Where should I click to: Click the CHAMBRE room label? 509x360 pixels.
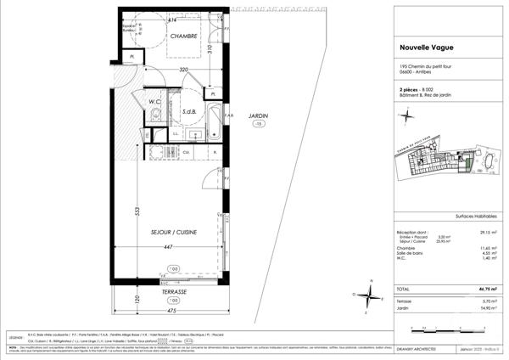[x=184, y=37]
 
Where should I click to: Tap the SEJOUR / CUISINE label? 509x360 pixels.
[x=174, y=232]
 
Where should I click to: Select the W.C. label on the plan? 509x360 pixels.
[x=155, y=103]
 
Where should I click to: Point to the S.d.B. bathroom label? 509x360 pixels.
[x=188, y=111]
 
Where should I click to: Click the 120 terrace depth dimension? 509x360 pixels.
[x=135, y=300]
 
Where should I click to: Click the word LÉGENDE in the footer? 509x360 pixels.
[x=17, y=336]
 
